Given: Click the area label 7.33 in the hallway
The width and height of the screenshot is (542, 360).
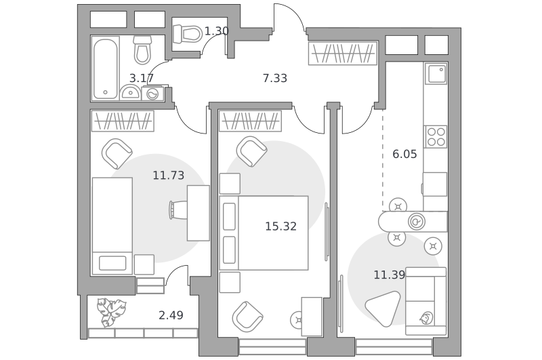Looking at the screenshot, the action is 275,78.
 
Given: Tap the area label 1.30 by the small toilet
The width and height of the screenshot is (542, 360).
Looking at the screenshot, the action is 217,31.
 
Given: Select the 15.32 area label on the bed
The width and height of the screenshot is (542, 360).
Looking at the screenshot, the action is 280,226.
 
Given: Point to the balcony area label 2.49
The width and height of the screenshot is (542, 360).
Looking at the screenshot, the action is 171,315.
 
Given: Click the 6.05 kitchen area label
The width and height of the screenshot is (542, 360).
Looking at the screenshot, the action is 404,154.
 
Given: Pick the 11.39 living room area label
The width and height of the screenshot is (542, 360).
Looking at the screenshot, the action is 389,275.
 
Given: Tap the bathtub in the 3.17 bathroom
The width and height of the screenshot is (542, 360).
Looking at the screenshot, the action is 106,69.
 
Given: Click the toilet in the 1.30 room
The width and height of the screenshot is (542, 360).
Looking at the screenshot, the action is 188,34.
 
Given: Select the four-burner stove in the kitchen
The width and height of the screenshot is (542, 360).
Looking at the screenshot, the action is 436,136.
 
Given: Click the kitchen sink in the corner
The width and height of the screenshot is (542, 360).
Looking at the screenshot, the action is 436,74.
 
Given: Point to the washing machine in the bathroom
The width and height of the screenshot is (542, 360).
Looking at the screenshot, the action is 152,94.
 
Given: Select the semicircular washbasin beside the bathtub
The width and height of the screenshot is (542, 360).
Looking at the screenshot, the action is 130,93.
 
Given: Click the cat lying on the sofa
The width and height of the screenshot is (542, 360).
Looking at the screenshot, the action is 427,318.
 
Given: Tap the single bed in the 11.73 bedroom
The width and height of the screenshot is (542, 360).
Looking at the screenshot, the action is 112,226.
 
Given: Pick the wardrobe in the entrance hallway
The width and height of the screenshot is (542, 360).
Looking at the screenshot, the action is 343,54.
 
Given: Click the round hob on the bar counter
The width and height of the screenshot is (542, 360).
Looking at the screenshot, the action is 417,222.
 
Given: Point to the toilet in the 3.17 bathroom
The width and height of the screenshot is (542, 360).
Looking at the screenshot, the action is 142,50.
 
